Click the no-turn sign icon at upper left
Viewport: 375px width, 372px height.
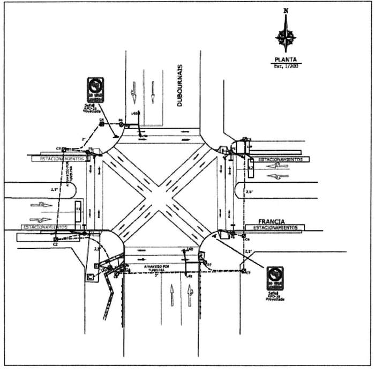(95, 88)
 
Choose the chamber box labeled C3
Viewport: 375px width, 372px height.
(64, 149)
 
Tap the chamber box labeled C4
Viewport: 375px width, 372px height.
(101, 124)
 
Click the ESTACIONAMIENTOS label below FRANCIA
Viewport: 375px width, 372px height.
(275, 228)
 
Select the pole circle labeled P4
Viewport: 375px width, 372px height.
(121, 125)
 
